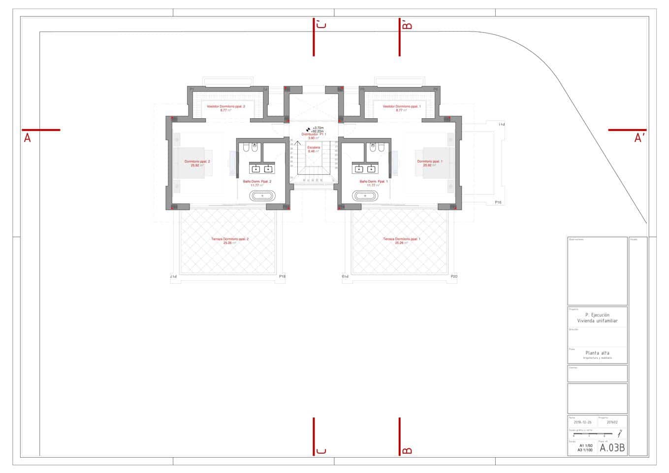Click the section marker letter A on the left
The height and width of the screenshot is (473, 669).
[28, 138]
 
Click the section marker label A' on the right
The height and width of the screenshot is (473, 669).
[639, 138]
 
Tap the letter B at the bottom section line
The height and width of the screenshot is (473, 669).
[407, 450]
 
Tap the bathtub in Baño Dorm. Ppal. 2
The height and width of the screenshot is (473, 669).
[263, 196]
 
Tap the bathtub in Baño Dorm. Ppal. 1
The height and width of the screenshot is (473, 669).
[364, 196]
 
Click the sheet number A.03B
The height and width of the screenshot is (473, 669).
[612, 448]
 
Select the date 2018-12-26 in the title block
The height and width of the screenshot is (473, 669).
[582, 422]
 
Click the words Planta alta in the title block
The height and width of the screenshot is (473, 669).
[597, 353]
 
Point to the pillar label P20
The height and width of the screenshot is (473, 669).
[454, 277]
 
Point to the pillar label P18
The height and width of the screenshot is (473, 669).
[282, 277]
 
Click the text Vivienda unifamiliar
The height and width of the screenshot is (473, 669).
[597, 321]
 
